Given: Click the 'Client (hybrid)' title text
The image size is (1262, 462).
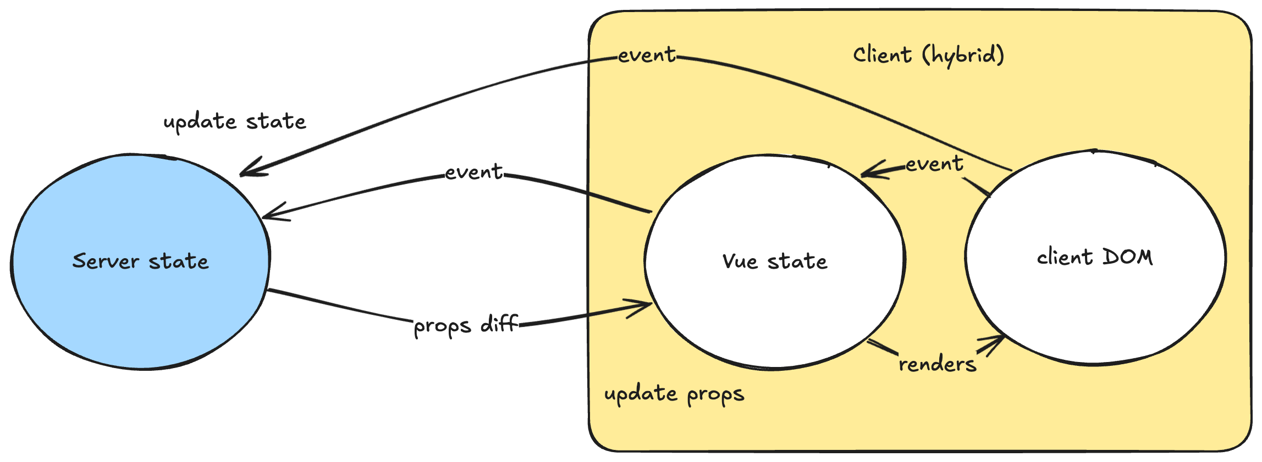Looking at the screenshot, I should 928,55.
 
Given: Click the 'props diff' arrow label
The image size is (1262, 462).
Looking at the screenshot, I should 466,325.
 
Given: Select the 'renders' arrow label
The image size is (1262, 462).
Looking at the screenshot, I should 938,364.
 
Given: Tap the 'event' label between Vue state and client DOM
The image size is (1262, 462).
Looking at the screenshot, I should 934,164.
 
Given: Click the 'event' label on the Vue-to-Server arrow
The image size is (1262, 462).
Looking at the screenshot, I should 474,172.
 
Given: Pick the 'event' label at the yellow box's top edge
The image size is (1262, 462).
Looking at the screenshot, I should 647,55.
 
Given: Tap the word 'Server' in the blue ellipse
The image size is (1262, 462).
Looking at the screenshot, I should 105,261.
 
